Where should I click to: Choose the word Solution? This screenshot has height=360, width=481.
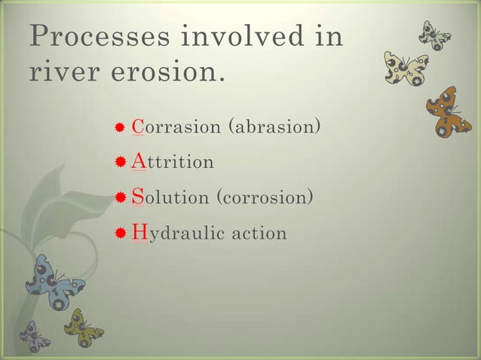point(170,197)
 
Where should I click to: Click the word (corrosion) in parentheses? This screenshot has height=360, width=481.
point(263,197)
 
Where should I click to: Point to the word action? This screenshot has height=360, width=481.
point(259,233)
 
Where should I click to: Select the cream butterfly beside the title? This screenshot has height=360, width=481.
point(406,69)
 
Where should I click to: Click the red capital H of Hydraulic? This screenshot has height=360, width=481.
point(139,232)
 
